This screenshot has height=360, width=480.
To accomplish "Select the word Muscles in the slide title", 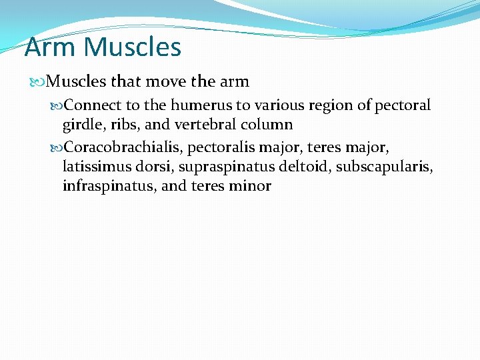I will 133,47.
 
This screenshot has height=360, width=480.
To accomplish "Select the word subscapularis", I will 383,165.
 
